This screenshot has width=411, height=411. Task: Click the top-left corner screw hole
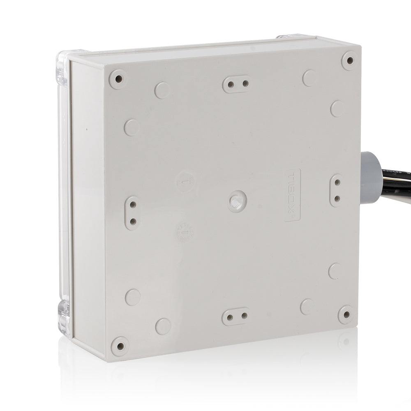[x=118, y=79]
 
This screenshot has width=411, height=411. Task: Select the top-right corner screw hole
[x=349, y=60]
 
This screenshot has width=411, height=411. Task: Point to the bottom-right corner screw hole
[x=345, y=314]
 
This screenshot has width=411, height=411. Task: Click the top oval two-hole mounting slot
[x=236, y=84]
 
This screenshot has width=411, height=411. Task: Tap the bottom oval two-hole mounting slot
[x=236, y=316]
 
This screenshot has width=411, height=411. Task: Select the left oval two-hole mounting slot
[x=132, y=212]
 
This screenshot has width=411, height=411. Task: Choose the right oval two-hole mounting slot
[x=337, y=190]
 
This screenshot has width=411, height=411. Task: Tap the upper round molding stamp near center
[x=185, y=181]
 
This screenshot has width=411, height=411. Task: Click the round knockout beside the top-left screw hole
[x=162, y=90]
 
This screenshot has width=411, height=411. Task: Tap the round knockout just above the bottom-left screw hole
[x=163, y=326]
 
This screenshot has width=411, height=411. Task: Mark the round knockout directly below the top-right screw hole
[x=337, y=109]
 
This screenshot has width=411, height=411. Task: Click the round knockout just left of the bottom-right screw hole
[x=307, y=307]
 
